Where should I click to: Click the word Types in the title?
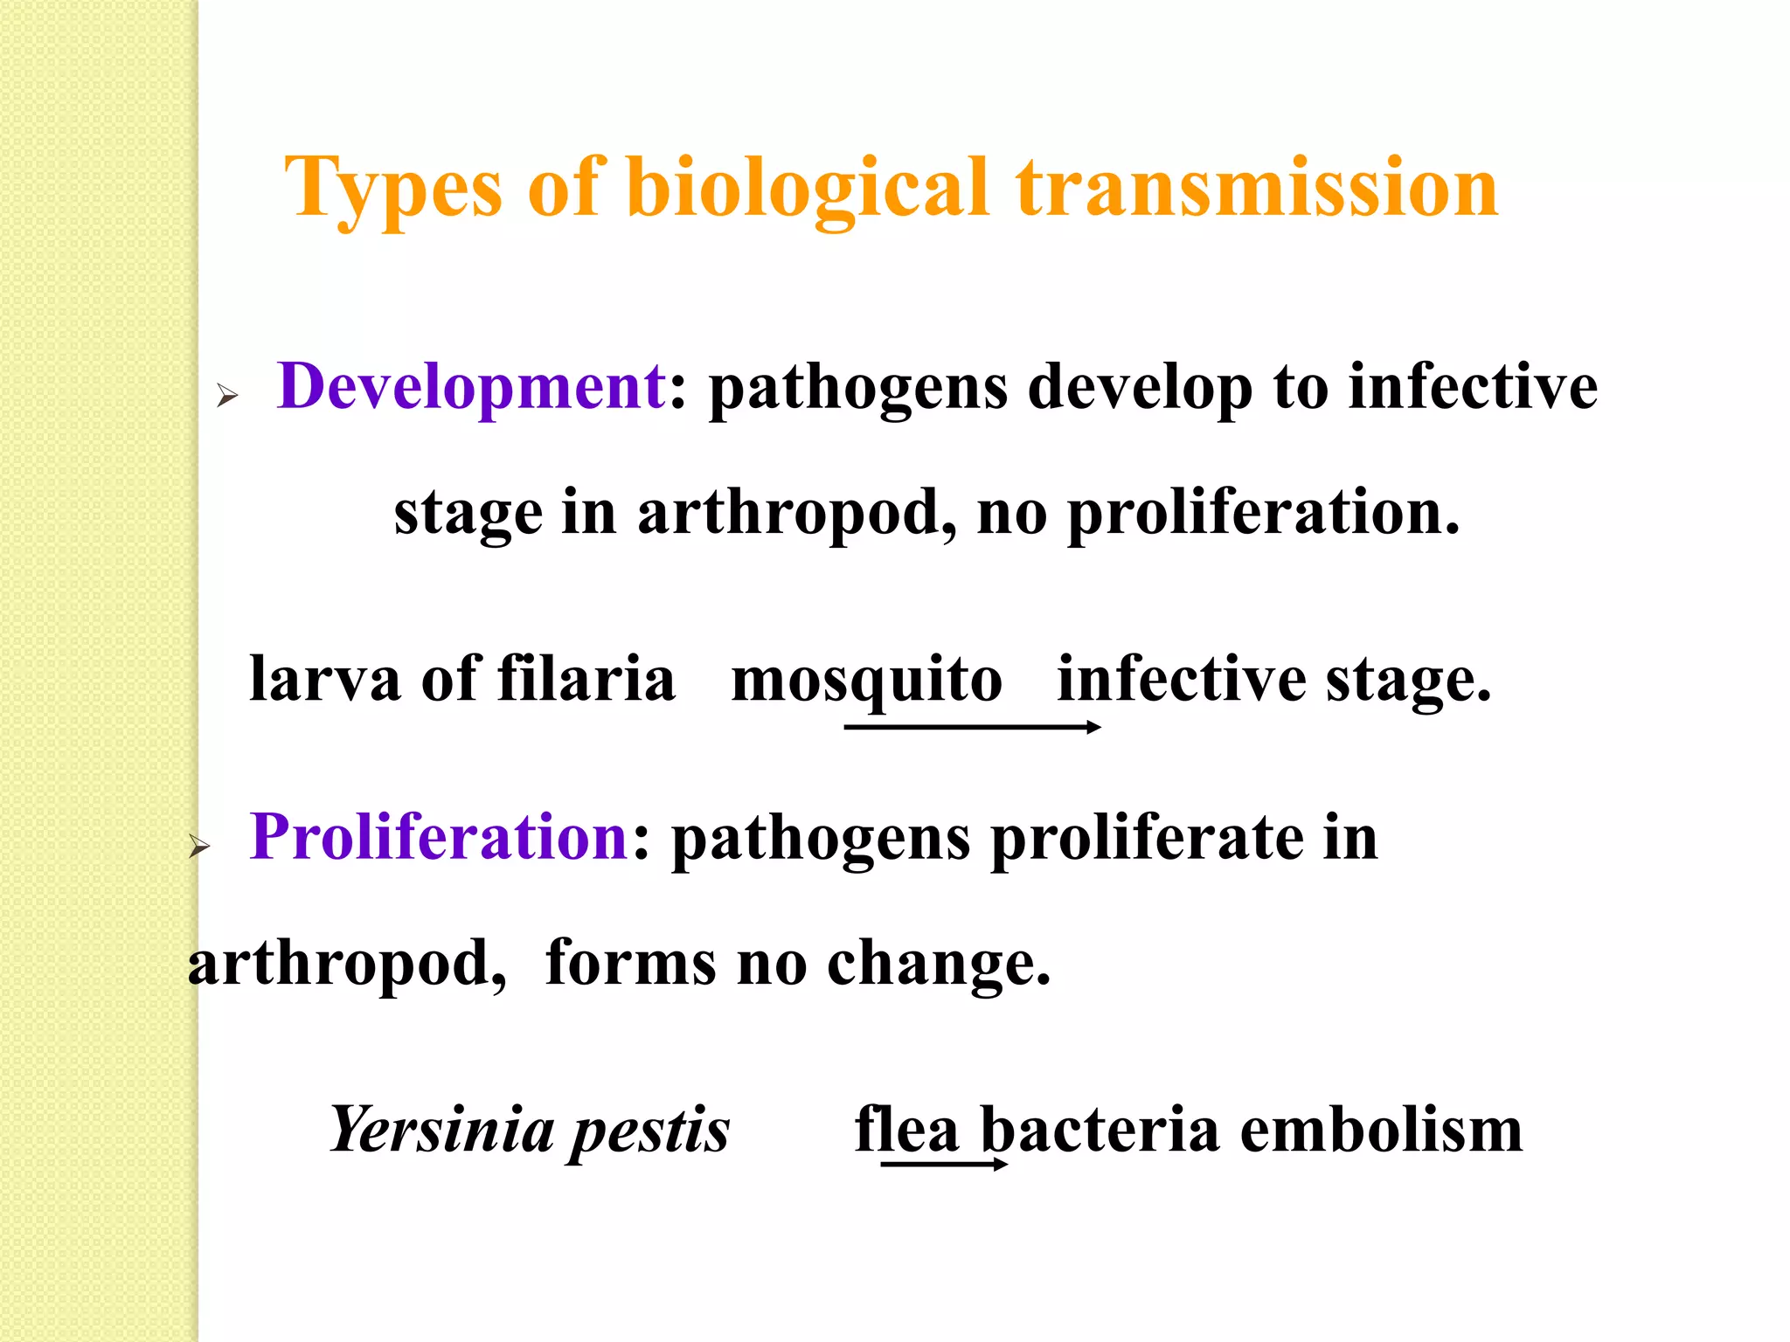[392, 188]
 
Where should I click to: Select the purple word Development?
[471, 386]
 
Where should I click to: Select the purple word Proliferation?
[439, 837]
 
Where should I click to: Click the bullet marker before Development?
[227, 397]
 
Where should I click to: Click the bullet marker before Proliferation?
[200, 846]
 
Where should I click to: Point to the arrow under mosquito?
[972, 727]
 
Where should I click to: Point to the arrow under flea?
[944, 1164]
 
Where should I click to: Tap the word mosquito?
[866, 680]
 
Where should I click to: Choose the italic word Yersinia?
[441, 1130]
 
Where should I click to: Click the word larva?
[324, 680]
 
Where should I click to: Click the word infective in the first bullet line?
[1473, 386]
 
